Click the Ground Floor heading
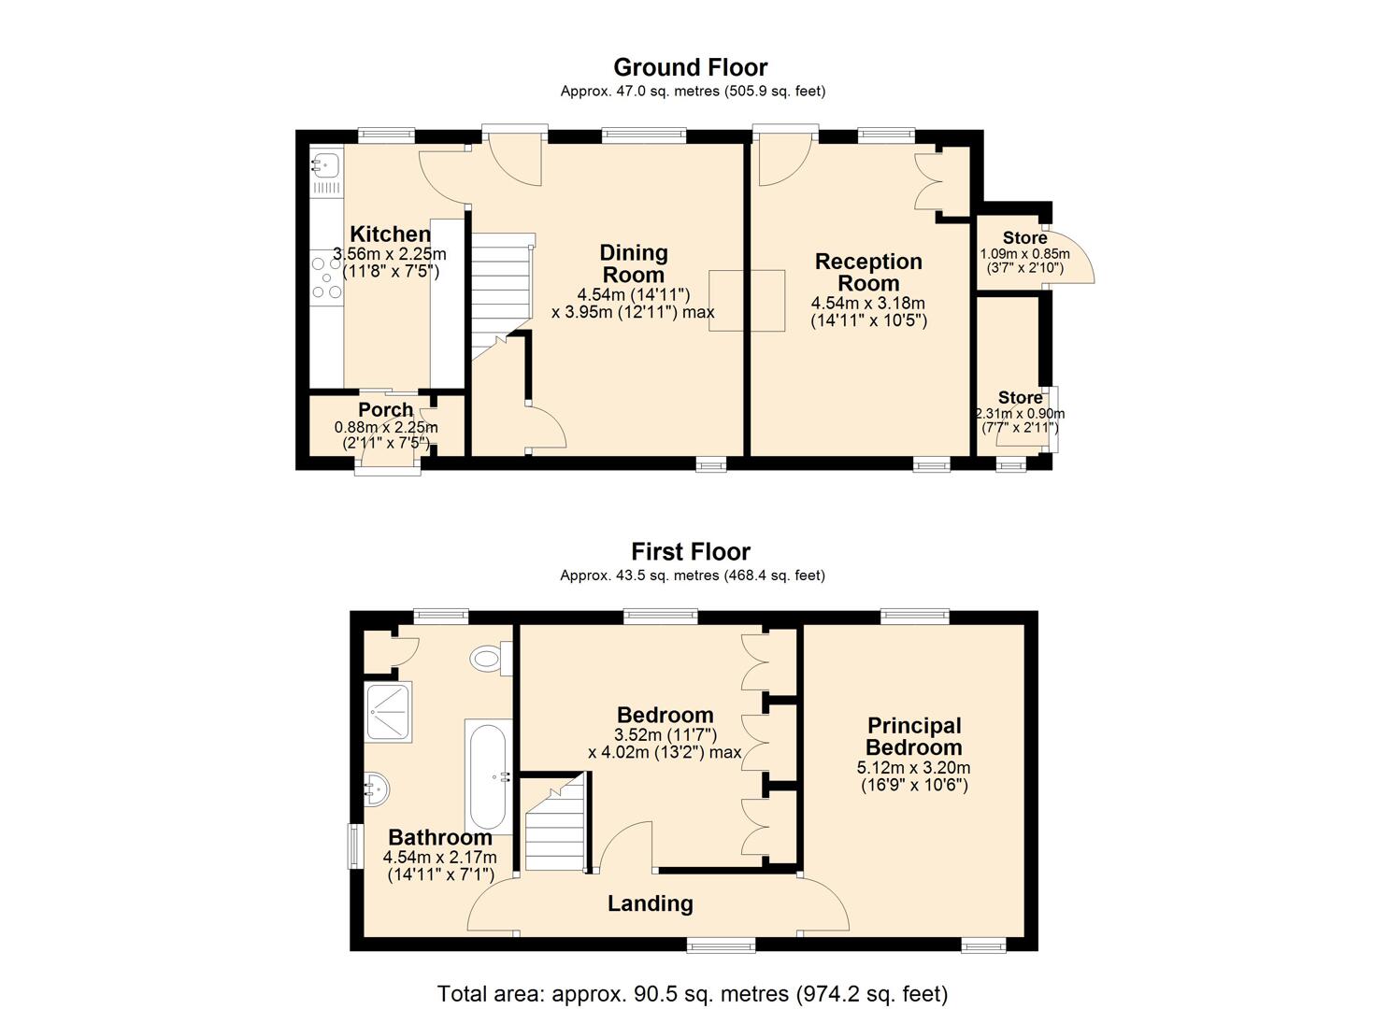pyautogui.click(x=691, y=67)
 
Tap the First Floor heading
pyautogui.click(x=691, y=551)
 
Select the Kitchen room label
pyautogui.click(x=391, y=234)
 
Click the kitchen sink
pyautogui.click(x=326, y=164)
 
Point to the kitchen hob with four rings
pyautogui.click(x=326, y=278)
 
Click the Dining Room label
pyautogui.click(x=634, y=263)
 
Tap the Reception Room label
pyautogui.click(x=868, y=272)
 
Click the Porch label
pyautogui.click(x=385, y=409)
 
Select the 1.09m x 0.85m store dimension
pyautogui.click(x=1025, y=253)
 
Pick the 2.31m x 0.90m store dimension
pyautogui.click(x=1020, y=413)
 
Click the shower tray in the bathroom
pyautogui.click(x=389, y=712)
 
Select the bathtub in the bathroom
pyautogui.click(x=488, y=776)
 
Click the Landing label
pyautogui.click(x=650, y=903)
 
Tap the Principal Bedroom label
pyautogui.click(x=914, y=736)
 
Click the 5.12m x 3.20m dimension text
pyautogui.click(x=913, y=767)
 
